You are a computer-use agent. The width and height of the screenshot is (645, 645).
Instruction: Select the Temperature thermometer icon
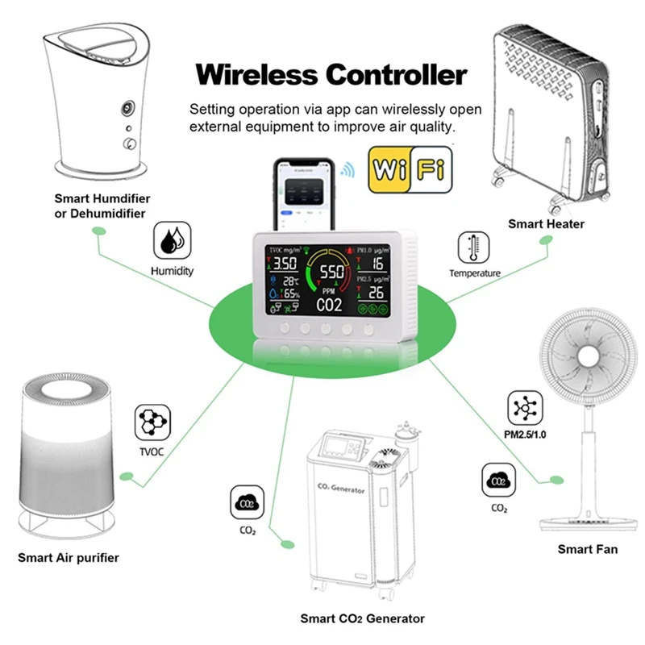(x=475, y=248)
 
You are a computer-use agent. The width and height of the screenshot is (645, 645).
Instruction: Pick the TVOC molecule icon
(x=151, y=422)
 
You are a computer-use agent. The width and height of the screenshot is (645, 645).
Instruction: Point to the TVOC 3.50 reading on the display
(x=283, y=264)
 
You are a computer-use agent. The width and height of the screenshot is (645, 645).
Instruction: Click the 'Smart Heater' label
(x=546, y=223)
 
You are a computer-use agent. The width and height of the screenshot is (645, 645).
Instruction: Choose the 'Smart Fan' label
(x=587, y=549)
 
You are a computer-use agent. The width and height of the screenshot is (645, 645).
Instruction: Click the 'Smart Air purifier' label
(x=69, y=557)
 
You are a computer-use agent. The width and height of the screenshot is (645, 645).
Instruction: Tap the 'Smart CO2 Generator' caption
(x=362, y=618)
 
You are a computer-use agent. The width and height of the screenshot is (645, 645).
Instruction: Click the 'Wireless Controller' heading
(x=331, y=74)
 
